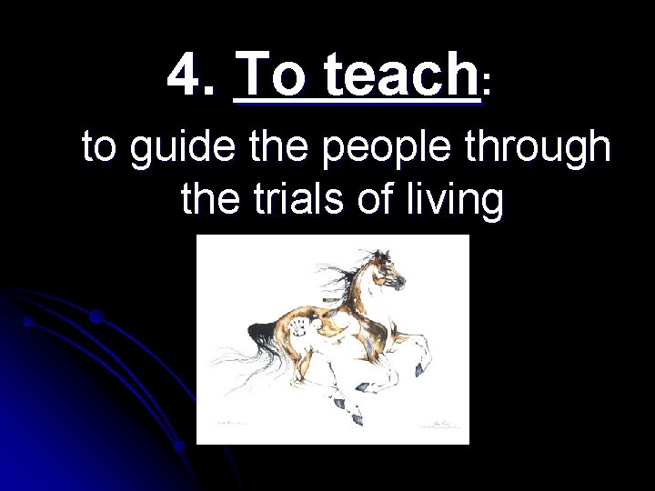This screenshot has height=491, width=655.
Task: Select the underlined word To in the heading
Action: (x=269, y=75)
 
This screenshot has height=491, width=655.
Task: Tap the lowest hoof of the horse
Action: (x=357, y=418)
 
